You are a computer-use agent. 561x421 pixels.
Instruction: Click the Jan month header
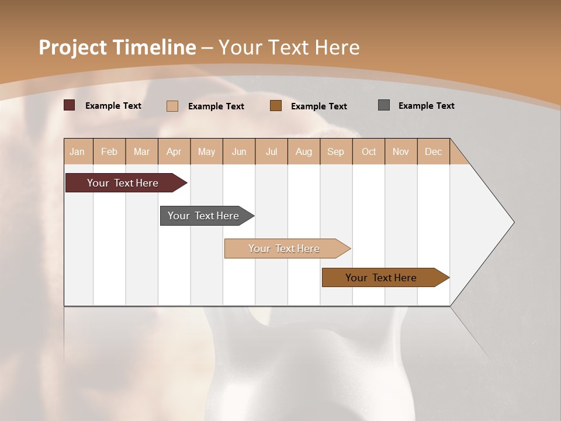coord(77,151)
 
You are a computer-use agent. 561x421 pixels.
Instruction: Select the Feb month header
coord(109,151)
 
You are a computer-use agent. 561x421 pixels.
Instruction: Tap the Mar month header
coord(141,151)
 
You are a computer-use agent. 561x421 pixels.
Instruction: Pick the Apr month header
coord(174,151)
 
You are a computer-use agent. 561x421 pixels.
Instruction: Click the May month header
coord(206,151)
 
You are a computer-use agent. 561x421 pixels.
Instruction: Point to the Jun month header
coord(239,151)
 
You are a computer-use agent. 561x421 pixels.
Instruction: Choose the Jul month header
coord(271,151)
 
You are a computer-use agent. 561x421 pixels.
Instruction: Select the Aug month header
coord(303,151)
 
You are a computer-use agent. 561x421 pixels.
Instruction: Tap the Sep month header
coord(335,151)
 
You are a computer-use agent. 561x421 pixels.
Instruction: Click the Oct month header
coord(369,151)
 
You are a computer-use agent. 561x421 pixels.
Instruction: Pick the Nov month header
coord(400,151)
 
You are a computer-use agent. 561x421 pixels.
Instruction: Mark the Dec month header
coord(433,151)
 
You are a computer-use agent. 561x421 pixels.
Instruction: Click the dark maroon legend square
coord(70,105)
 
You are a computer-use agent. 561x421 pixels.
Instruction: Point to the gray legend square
coord(384,105)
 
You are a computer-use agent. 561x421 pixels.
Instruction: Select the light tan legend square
coord(172,106)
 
